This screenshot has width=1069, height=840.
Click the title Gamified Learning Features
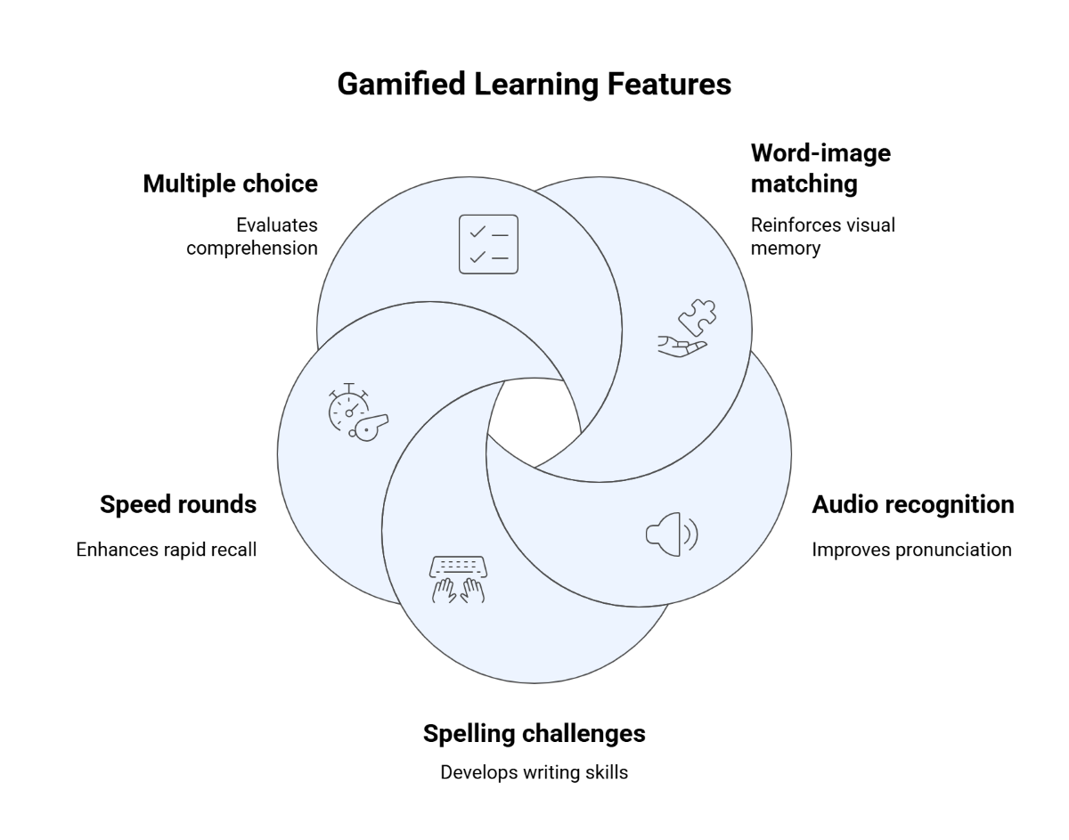point(534,84)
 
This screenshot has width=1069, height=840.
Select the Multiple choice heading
point(230,183)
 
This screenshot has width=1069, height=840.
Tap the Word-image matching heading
point(820,168)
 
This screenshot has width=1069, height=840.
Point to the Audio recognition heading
point(912,505)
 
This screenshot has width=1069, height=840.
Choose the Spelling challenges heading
point(534,733)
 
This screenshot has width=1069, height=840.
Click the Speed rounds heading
point(178,505)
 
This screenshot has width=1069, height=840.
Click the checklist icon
point(488,244)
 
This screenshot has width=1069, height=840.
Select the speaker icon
point(671,534)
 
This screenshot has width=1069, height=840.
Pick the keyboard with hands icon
point(458,580)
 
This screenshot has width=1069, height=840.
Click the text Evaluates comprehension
point(252,236)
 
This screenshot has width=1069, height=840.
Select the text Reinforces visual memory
point(822,236)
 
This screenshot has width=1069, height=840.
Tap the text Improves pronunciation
point(911,550)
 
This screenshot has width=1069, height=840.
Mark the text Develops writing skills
point(534,772)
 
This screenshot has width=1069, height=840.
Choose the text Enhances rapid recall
point(167,550)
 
